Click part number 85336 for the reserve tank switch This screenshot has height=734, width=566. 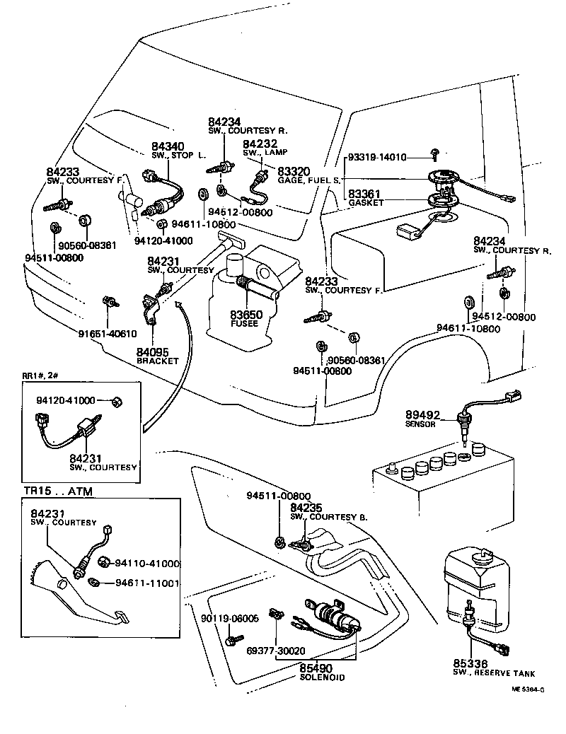470,664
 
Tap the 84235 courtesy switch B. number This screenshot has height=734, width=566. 307,507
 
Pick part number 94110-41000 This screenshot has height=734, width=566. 149,564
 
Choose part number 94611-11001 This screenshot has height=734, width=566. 149,584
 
